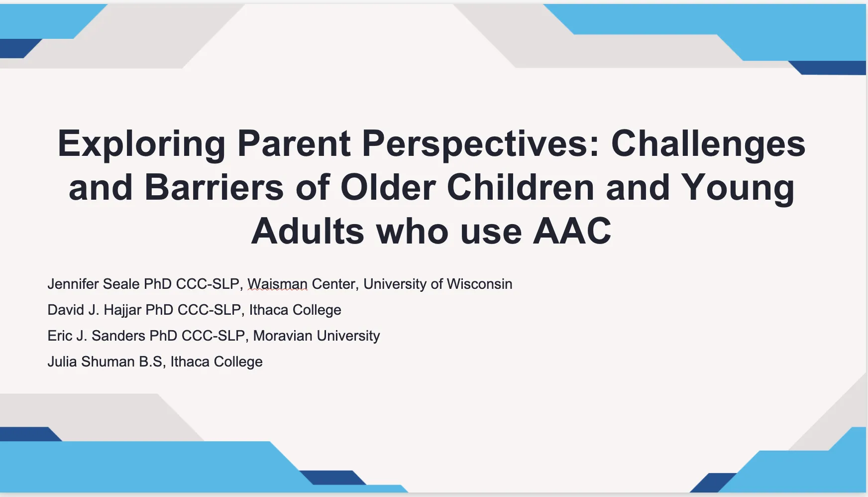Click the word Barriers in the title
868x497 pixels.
tap(214, 188)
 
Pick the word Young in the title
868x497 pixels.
tap(738, 188)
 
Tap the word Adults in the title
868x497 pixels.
tap(308, 232)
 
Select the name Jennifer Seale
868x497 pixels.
tap(94, 284)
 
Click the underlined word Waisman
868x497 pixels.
tap(277, 284)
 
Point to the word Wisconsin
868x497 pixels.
tap(479, 284)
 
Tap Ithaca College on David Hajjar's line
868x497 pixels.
tap(295, 310)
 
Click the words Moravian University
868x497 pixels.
tap(316, 336)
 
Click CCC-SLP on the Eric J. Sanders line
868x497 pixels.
tap(213, 336)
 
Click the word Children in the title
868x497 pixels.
tap(520, 188)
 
